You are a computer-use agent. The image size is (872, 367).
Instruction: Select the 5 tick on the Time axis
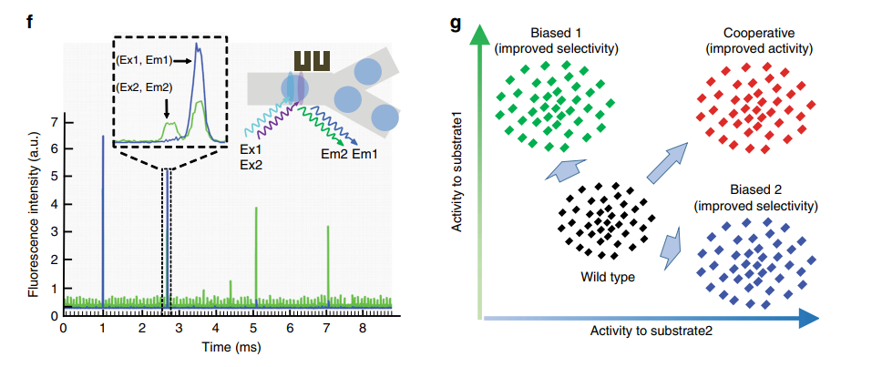(x=255, y=325)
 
